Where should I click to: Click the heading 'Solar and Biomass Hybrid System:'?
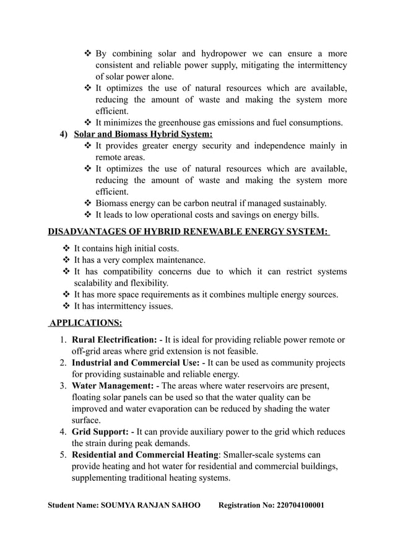pos(143,134)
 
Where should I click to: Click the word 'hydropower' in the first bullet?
pos(211,54)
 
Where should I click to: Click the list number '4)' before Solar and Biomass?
pos(64,134)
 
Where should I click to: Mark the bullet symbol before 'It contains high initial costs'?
pos(66,249)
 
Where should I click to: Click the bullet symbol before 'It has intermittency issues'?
pos(66,306)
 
